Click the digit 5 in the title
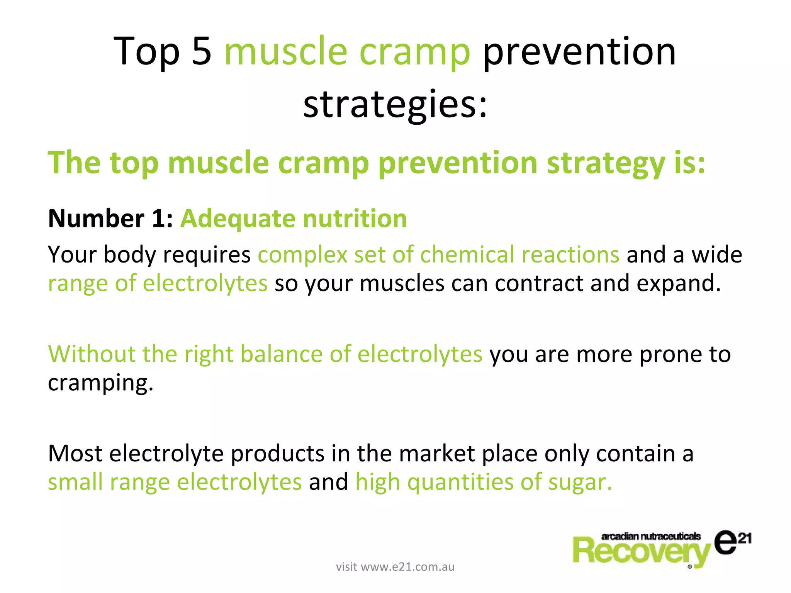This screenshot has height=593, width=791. [202, 51]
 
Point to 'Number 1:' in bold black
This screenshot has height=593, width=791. [110, 219]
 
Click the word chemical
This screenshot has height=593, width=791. [467, 255]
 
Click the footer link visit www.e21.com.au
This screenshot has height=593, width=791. [395, 567]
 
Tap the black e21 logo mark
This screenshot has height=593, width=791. [731, 542]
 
